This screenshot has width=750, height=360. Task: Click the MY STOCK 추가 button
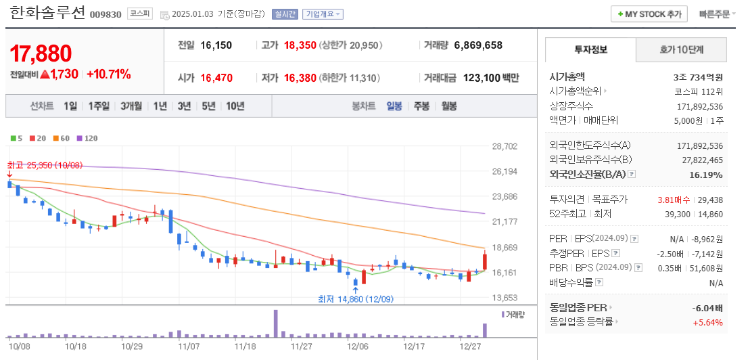click(x=649, y=14)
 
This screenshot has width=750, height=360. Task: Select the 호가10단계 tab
click(x=682, y=49)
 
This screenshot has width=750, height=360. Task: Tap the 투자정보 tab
click(x=590, y=49)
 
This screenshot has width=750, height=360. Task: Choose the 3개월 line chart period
click(x=131, y=106)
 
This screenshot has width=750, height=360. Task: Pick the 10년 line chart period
click(x=235, y=106)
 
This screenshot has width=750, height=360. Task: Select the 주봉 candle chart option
click(x=421, y=106)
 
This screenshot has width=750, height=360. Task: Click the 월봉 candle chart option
click(x=449, y=106)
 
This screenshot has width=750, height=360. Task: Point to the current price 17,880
click(x=41, y=53)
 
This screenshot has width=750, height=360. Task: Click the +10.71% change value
click(x=109, y=74)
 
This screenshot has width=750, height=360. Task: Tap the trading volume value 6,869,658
click(x=478, y=45)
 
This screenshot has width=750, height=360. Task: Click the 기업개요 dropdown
click(x=323, y=14)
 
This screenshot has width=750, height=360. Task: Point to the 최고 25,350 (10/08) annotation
click(x=45, y=165)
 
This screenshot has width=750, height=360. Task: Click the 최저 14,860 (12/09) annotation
click(x=356, y=298)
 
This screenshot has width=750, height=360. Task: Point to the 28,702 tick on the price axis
click(x=505, y=146)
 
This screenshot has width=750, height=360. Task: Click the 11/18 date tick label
click(x=245, y=346)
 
